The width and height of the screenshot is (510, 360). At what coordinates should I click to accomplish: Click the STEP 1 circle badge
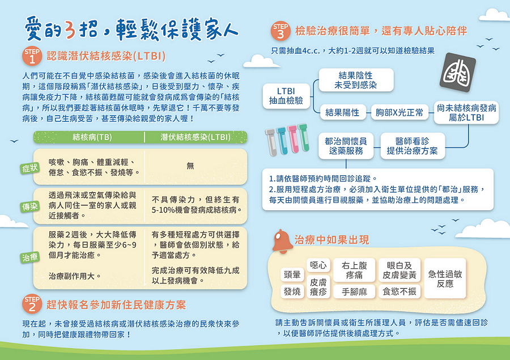[x=32, y=56]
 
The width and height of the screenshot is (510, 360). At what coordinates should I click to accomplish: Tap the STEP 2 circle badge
[x=32, y=304]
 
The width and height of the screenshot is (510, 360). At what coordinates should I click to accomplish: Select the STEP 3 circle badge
[x=280, y=31]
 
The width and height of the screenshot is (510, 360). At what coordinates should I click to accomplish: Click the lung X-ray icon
[x=458, y=72]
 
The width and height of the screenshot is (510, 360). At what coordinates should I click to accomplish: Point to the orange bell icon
[x=282, y=242]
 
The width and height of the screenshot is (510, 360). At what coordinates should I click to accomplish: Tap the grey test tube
[x=271, y=142]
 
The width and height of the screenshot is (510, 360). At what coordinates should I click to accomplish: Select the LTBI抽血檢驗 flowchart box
[x=286, y=96]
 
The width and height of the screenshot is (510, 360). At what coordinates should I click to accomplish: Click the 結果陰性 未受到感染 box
[x=356, y=80]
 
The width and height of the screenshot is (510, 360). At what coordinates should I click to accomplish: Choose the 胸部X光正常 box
[x=399, y=113]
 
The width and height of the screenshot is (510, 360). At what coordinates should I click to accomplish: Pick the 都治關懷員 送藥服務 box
[x=346, y=146]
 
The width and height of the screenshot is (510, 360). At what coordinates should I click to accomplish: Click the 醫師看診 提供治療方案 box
[x=413, y=146]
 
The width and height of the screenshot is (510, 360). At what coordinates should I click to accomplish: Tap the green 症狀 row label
[x=29, y=168]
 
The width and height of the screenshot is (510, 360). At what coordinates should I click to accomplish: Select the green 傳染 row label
[x=29, y=206]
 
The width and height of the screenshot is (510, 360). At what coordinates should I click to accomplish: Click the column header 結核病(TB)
[x=92, y=137]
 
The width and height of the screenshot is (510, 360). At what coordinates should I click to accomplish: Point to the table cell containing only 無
[x=190, y=166]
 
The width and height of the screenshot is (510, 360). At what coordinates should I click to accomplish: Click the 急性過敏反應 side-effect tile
[x=445, y=278]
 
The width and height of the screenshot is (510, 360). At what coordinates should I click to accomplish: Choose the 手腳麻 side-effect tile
[x=354, y=291]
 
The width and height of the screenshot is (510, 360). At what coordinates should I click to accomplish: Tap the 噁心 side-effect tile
[x=318, y=265]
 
